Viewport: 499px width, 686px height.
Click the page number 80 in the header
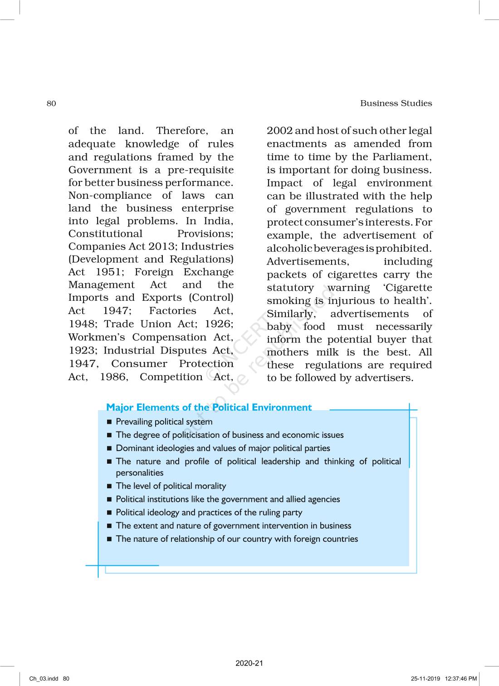tap(51, 103)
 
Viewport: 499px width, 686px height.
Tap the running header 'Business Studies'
tap(396, 103)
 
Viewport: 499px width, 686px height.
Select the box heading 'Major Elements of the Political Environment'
tap(209, 407)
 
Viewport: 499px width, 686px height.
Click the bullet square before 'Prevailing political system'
tap(109, 422)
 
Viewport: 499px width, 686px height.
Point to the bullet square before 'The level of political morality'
tap(109, 486)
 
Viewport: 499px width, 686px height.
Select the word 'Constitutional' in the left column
tap(105, 234)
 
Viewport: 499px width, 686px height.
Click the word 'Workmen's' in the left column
tap(97, 337)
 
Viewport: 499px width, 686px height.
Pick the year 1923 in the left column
tap(83, 350)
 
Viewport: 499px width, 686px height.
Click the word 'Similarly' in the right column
tap(289, 314)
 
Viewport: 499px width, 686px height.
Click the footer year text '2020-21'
tap(249, 663)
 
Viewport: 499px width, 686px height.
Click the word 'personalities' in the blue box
tap(139, 473)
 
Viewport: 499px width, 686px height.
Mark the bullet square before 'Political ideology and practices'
tap(109, 513)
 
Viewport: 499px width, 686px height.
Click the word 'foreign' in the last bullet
tap(307, 539)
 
